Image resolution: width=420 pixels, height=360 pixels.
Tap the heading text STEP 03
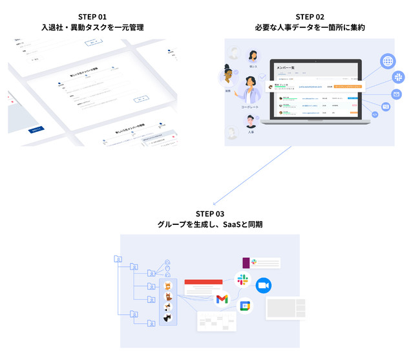(x=211, y=214)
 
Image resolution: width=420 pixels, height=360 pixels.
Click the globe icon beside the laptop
(x=388, y=62)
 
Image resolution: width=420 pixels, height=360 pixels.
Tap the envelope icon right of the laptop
(x=396, y=94)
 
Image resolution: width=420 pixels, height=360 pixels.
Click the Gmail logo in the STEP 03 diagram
(x=222, y=299)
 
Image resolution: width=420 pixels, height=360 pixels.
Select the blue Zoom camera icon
(x=262, y=285)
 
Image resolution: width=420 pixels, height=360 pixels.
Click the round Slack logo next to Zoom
(x=243, y=280)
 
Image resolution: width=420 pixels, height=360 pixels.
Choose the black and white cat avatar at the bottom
(x=167, y=317)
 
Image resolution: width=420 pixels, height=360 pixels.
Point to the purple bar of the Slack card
(x=246, y=262)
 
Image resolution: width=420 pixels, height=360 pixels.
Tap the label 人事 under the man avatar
(x=251, y=132)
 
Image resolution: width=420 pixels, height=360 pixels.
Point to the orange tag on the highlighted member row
(x=352, y=85)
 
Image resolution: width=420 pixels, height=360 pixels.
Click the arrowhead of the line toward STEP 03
(x=217, y=202)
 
